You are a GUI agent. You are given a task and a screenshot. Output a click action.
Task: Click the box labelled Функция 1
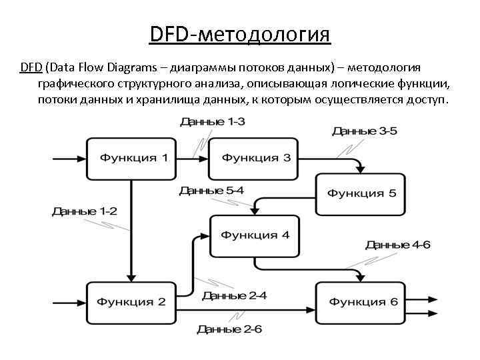click(x=130, y=158)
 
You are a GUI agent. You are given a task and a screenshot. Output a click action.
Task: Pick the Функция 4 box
click(x=255, y=235)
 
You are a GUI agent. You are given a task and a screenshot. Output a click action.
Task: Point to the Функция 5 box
click(x=361, y=193)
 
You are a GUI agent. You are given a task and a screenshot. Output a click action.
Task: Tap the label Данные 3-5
click(x=365, y=131)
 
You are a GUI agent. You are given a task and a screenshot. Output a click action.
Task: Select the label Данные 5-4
click(x=212, y=191)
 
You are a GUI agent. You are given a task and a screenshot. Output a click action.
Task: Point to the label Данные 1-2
click(x=85, y=211)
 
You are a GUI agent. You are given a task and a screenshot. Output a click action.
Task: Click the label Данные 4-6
click(x=398, y=245)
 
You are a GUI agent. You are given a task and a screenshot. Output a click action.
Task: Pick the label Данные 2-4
click(x=235, y=296)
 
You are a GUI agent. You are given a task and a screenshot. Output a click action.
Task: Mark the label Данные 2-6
click(x=230, y=329)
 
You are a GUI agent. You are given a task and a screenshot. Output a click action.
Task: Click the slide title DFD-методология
click(x=240, y=33)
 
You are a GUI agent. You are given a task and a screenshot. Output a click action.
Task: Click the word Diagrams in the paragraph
click(x=136, y=67)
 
